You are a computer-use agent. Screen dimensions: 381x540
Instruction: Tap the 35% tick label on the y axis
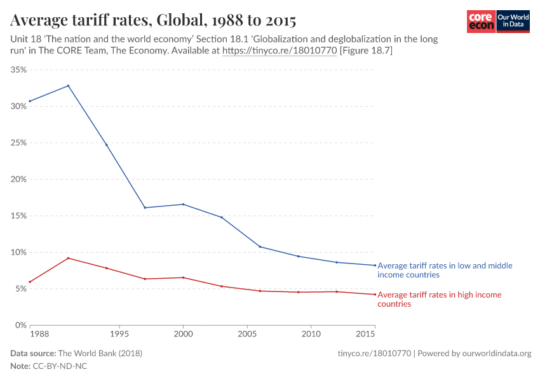(18, 70)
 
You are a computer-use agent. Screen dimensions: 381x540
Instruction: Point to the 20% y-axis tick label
(18, 179)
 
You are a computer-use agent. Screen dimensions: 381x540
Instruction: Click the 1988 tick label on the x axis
(39, 333)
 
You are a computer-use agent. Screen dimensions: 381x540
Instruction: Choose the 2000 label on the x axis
(183, 333)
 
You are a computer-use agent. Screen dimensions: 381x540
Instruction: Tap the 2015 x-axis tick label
(365, 333)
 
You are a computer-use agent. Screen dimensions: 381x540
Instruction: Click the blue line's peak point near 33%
(68, 86)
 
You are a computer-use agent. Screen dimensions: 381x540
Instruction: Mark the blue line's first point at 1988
(30, 101)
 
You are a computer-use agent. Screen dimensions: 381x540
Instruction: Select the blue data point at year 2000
(183, 204)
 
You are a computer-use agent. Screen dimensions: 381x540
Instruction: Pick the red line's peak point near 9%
(68, 258)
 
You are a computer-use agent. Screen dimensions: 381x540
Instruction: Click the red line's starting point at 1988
(30, 281)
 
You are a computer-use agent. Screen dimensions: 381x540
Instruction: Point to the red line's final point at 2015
(375, 294)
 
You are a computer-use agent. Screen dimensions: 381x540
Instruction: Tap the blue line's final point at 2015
(375, 265)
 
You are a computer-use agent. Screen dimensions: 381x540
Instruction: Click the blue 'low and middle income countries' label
(445, 271)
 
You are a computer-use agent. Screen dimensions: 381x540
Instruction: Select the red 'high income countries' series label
(439, 299)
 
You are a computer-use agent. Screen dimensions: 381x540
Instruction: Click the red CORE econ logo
(481, 22)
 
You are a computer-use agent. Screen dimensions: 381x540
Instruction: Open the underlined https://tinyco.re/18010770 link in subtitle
(279, 51)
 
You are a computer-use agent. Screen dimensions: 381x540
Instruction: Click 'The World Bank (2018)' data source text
(100, 353)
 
